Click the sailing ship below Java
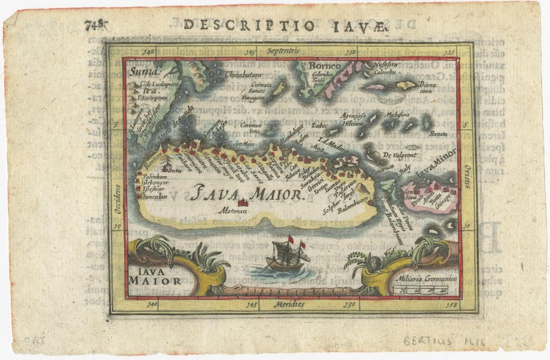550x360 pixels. coord(286,257)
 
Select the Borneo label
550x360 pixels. coord(322,67)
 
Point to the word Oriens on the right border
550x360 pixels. coord(466,175)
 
